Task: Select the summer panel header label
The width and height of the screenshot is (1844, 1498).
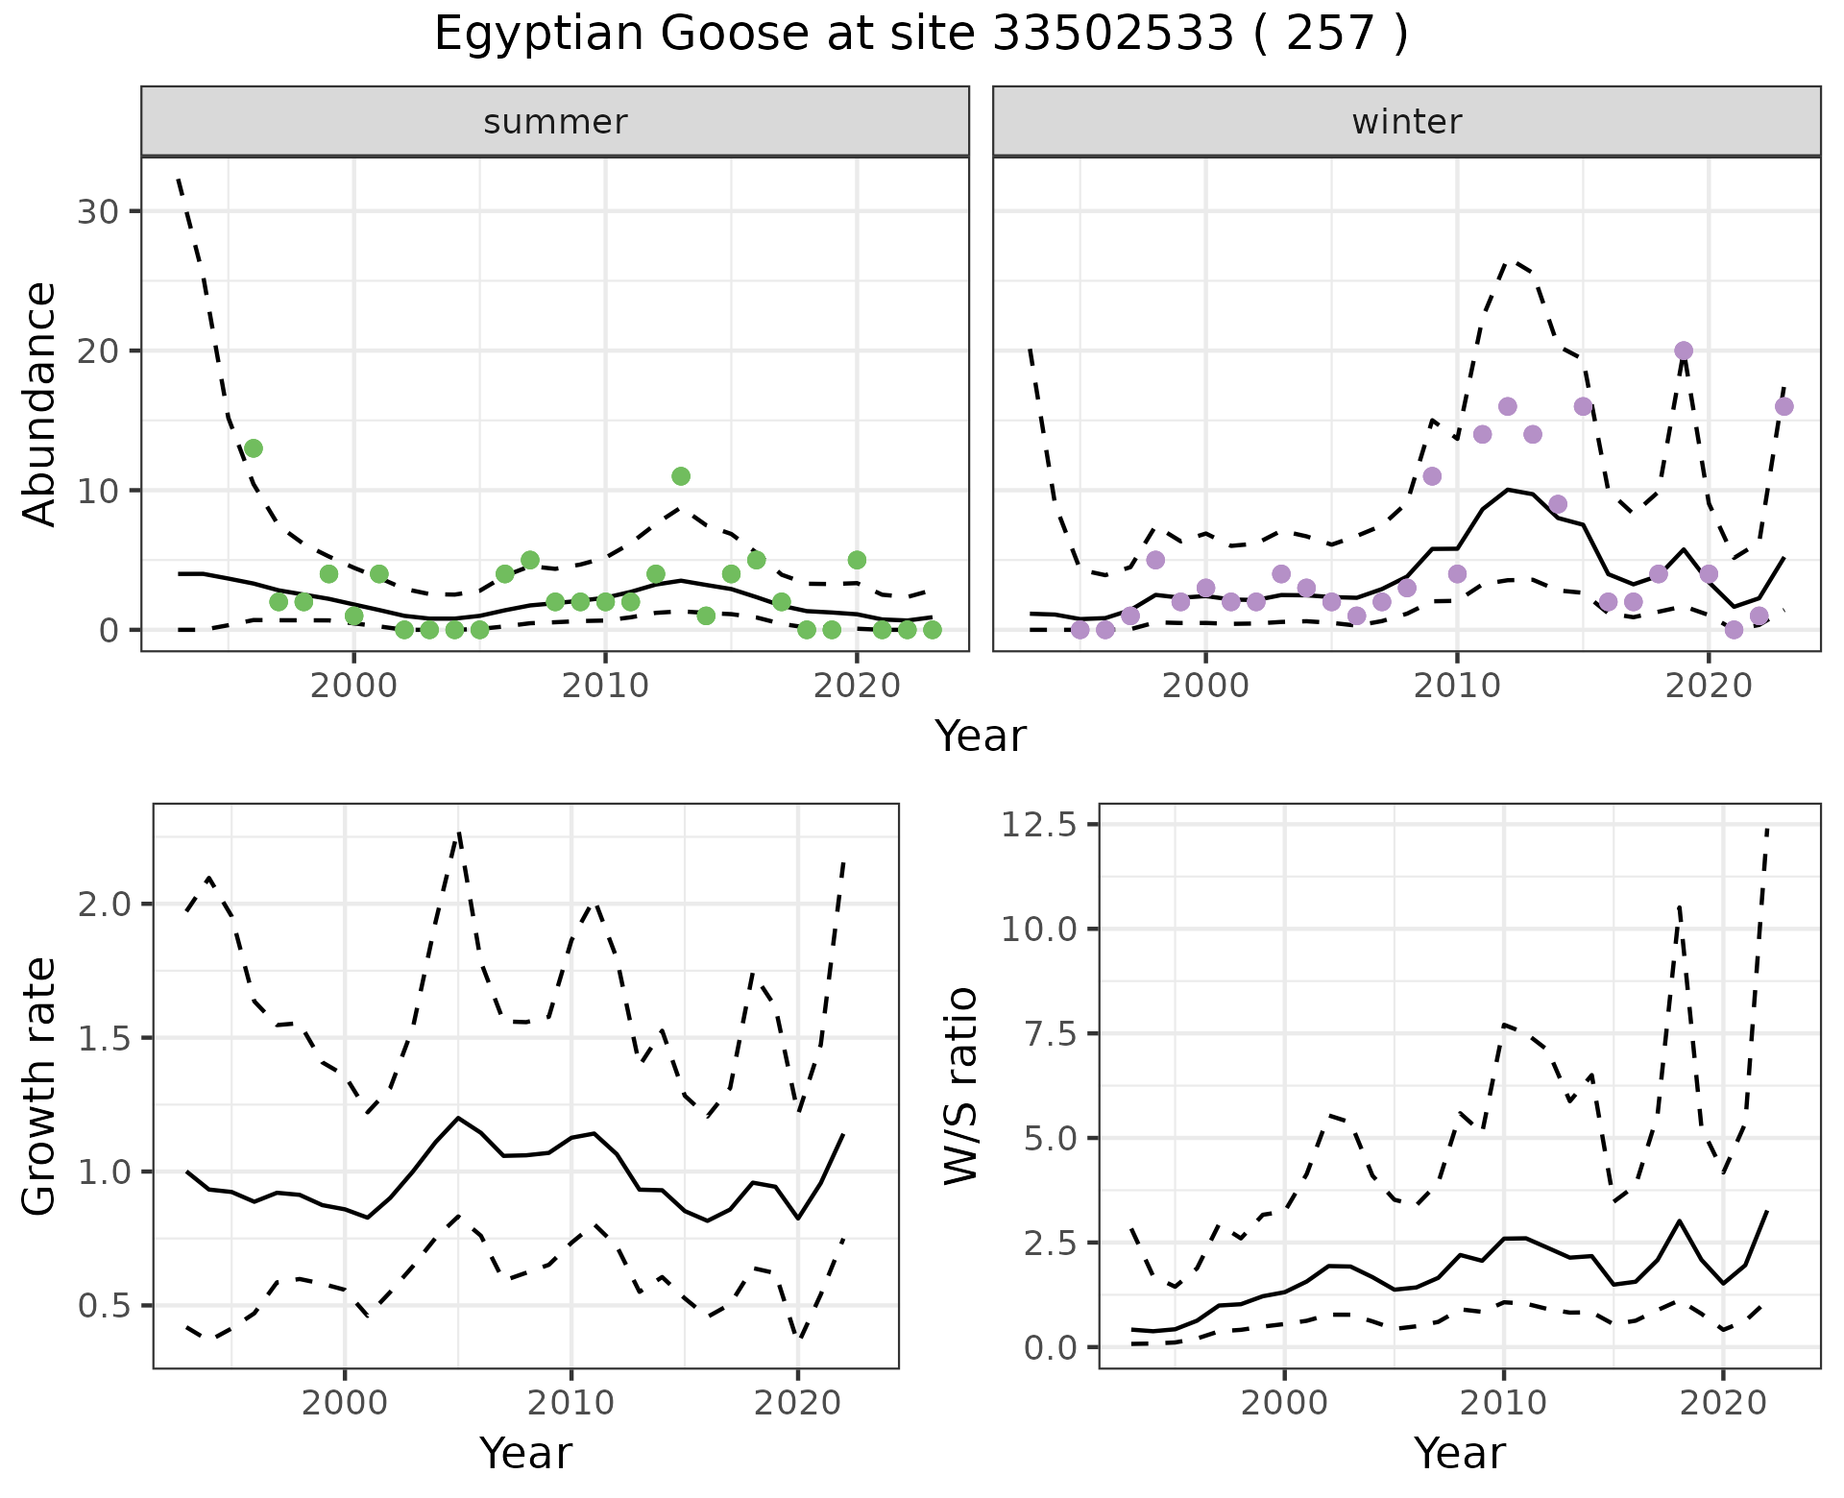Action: coord(555,122)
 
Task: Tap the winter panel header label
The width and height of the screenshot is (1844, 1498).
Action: coord(1406,122)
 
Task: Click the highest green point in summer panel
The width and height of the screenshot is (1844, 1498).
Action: coord(254,448)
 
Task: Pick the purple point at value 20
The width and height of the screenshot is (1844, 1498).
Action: coord(1684,350)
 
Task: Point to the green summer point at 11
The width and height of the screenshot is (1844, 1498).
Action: coord(681,476)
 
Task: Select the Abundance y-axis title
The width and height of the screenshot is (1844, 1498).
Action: coord(40,403)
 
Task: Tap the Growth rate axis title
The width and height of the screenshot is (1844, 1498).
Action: coord(40,1086)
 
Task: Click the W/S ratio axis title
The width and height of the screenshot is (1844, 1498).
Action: coord(961,1086)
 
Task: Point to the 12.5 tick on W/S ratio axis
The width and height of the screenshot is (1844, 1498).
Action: coord(1037,825)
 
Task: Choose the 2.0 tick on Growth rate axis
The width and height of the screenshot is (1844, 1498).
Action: coord(108,905)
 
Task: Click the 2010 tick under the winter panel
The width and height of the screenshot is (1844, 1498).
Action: coord(1457,687)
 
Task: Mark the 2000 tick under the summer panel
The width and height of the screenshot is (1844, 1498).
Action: coord(353,687)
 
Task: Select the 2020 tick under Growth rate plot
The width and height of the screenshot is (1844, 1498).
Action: coord(797,1403)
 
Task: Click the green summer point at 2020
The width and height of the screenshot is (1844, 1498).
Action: coord(857,560)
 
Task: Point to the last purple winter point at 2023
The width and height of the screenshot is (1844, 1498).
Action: coord(1784,406)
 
